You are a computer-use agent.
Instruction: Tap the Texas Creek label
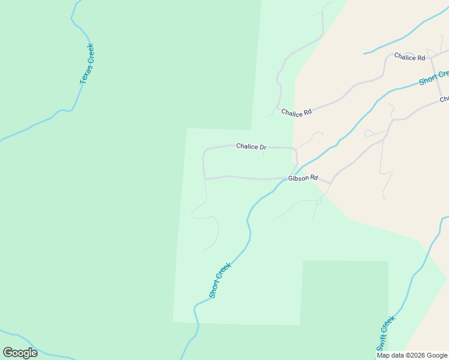point(87,64)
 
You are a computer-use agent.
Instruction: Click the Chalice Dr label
point(251,146)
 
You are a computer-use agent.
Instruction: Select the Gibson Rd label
point(303,178)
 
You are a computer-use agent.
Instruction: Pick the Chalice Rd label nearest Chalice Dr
point(297,112)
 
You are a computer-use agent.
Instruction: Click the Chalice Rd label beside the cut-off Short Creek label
point(409,57)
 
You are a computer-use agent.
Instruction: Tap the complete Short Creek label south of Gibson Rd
point(220,280)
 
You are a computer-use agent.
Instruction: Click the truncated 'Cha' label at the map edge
point(444,99)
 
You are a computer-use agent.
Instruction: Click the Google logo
point(20,353)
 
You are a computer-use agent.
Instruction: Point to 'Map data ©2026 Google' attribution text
point(412,355)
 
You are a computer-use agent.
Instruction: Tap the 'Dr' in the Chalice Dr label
point(262,146)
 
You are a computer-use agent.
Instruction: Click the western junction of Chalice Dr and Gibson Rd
point(205,179)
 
